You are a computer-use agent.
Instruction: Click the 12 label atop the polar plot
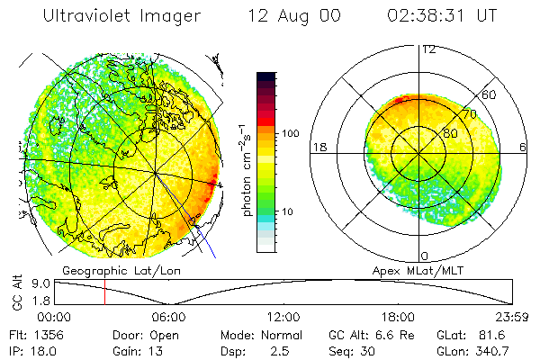pyautogui.click(x=428, y=49)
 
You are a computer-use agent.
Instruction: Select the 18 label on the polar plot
pyautogui.click(x=319, y=147)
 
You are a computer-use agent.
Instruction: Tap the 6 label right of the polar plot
pyautogui.click(x=523, y=147)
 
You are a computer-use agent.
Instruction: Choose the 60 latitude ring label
pyautogui.click(x=489, y=94)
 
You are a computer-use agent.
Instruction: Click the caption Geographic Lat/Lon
pyautogui.click(x=104, y=269)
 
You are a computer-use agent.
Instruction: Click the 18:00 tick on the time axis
pyautogui.click(x=398, y=317)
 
